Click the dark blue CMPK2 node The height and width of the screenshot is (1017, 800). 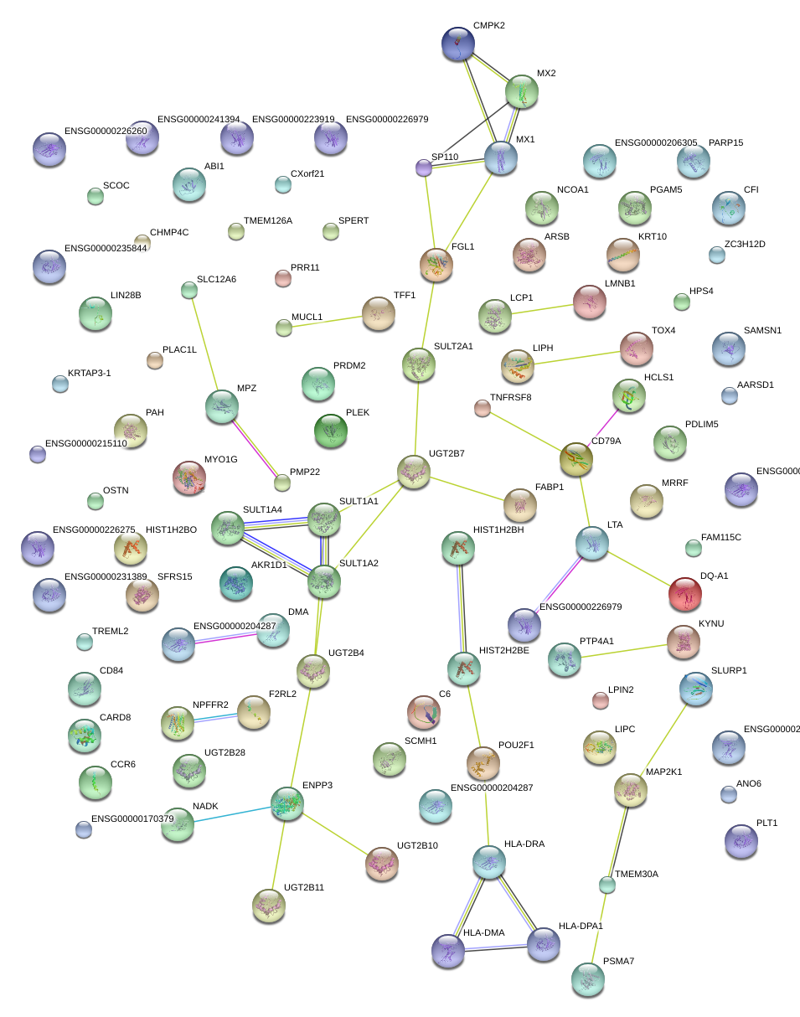point(457,44)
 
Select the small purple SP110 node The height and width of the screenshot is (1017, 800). point(424,168)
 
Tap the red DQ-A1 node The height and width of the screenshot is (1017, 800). point(685,594)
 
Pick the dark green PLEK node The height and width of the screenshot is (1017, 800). point(330,431)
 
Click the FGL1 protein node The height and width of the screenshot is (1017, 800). point(436,265)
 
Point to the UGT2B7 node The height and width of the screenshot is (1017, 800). point(413,472)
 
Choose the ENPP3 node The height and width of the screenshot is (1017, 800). point(288,803)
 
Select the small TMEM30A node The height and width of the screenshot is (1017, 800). point(607,884)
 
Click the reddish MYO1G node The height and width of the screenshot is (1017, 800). point(188,478)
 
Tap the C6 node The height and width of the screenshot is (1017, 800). point(423,712)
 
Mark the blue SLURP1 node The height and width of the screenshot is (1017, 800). point(696,688)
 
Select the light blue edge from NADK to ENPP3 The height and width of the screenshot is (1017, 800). point(233,815)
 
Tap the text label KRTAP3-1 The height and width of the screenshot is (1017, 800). point(89,373)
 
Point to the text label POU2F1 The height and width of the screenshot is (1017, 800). point(516,745)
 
